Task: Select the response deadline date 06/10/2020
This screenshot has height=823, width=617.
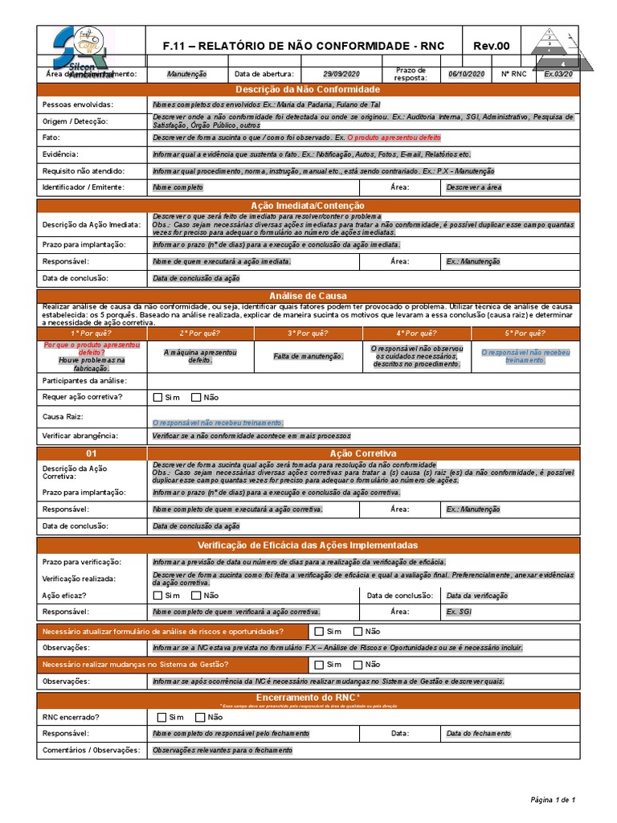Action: pos(466,74)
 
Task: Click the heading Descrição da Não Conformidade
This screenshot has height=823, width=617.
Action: pos(308,88)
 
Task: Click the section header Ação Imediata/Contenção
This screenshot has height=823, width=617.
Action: pos(308,206)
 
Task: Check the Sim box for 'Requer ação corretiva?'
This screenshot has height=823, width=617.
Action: pos(157,397)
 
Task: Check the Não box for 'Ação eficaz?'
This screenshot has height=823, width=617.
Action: pos(196,596)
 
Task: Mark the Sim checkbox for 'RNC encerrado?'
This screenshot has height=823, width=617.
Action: pos(161,717)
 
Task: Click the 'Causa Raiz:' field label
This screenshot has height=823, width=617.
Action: pos(63,416)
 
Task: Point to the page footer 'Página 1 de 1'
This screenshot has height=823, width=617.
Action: pos(554,799)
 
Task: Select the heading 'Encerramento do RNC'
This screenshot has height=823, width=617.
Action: pos(308,697)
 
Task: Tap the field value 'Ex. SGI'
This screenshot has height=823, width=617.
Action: pos(459,612)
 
